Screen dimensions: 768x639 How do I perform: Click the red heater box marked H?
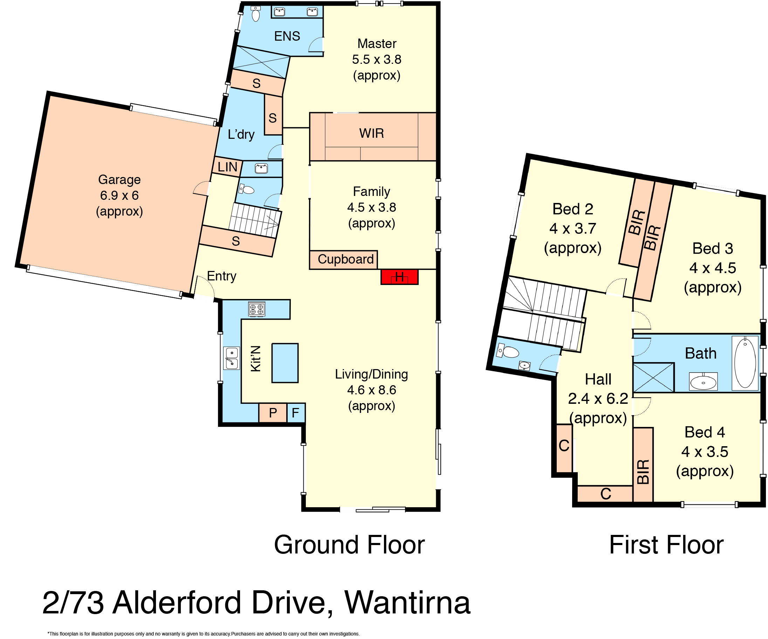coord(399,277)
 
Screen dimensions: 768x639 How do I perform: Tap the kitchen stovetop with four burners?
coord(256,309)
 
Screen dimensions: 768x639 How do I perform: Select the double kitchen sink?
coord(232,358)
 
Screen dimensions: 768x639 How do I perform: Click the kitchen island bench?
coord(285,363)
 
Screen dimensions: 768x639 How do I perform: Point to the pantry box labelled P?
coord(273,413)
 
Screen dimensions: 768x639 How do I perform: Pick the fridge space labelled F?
coord(295,413)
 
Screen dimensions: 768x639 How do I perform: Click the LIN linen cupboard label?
coord(227,167)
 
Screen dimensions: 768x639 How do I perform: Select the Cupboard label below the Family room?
coord(345,259)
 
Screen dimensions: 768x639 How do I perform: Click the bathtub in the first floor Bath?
coord(745,363)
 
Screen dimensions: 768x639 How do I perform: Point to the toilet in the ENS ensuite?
coord(256,14)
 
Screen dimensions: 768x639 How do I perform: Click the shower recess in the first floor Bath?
coord(653,377)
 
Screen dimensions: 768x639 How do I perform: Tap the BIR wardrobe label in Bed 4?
coord(643,472)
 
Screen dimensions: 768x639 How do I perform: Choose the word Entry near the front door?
coord(222,276)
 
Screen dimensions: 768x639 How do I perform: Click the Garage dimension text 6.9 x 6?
coord(119,196)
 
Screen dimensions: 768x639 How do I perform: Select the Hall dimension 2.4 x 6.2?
coord(598,399)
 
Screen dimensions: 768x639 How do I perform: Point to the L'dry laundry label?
coord(241,134)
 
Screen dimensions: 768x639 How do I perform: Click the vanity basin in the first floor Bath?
coord(703,381)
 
